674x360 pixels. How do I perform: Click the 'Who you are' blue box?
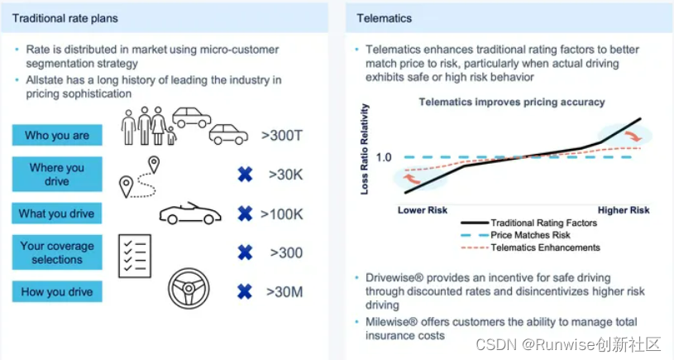click(57, 136)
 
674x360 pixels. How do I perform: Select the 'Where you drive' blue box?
click(57, 175)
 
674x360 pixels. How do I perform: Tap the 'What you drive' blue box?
click(57, 214)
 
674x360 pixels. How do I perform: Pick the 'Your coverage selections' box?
click(57, 252)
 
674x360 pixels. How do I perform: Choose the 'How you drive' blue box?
click(57, 291)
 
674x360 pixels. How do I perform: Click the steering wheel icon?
click(189, 289)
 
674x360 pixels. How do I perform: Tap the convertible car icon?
click(190, 214)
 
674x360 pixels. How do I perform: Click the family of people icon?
click(149, 127)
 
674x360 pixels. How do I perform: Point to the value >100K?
click(282, 214)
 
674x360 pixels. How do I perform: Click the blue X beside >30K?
click(244, 175)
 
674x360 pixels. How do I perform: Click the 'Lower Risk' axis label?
click(423, 210)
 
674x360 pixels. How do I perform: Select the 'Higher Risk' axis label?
click(624, 210)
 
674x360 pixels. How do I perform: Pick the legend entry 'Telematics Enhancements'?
click(545, 247)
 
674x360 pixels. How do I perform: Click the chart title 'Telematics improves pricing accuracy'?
click(512, 103)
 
